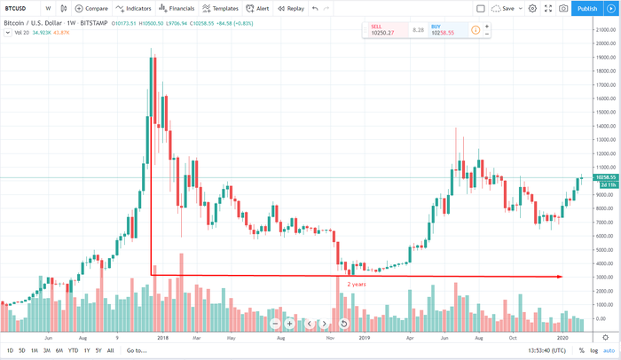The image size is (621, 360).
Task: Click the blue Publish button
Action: click(x=586, y=8)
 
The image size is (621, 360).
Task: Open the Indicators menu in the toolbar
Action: click(x=133, y=8)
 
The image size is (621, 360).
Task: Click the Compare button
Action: click(x=91, y=8)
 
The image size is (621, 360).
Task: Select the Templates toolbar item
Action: click(x=221, y=8)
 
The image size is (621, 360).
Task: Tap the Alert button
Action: click(x=259, y=8)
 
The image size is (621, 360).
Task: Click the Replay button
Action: click(x=291, y=8)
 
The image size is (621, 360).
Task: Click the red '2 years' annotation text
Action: click(x=357, y=285)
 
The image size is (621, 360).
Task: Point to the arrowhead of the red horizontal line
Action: click(x=560, y=278)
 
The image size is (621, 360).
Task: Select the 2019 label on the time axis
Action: click(x=361, y=338)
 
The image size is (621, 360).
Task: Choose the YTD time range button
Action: click(x=73, y=351)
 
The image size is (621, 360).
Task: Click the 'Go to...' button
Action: click(x=136, y=351)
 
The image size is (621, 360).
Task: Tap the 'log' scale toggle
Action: click(x=594, y=351)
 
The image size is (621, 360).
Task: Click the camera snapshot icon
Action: click(x=562, y=8)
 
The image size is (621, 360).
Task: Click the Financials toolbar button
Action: click(x=178, y=8)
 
